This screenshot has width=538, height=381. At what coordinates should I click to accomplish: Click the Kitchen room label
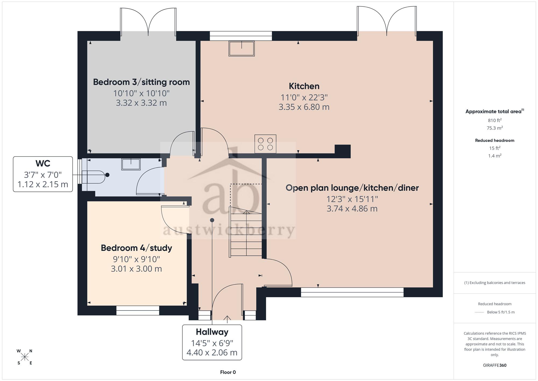[x=304, y=86]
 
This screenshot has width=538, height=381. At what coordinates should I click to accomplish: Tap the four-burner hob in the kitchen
[x=265, y=144]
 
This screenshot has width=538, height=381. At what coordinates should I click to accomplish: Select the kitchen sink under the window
[x=242, y=48]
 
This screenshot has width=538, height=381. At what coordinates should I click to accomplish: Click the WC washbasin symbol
[x=131, y=164]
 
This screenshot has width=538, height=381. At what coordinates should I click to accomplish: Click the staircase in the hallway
[x=246, y=232]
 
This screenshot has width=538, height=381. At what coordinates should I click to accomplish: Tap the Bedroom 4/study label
[x=136, y=248]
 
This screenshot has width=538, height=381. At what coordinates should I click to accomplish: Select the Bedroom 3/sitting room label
[x=141, y=82]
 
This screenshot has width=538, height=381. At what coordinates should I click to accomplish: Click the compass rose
[x=25, y=357]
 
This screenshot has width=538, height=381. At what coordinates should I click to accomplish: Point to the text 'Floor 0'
[x=228, y=372]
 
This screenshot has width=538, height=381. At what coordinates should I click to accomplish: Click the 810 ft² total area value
[x=495, y=120]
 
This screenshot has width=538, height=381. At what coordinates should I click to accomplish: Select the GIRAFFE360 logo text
[x=495, y=365]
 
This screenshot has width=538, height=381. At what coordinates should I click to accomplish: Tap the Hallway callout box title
[x=212, y=332]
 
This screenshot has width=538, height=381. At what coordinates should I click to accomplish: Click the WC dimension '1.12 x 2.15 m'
[x=43, y=184]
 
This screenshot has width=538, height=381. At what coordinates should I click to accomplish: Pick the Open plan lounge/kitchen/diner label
[x=352, y=188]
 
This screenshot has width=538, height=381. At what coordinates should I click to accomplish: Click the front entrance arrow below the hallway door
[x=227, y=319]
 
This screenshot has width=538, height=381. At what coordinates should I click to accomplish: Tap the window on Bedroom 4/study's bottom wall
[x=138, y=310]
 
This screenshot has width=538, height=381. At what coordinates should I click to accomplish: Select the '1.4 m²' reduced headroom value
[x=495, y=156]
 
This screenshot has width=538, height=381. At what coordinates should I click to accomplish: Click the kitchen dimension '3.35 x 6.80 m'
[x=304, y=107]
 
